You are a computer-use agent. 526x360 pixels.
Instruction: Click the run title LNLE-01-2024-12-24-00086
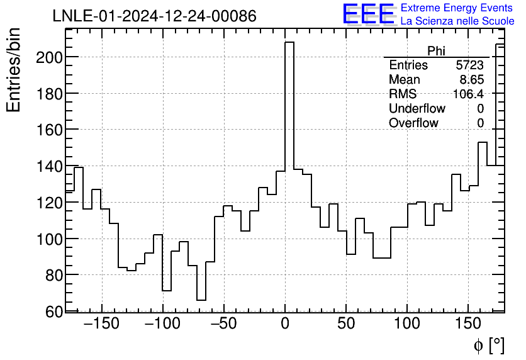click(x=154, y=16)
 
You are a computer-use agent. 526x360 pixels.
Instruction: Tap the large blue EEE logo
click(x=368, y=14)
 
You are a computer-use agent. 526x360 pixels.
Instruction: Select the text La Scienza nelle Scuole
click(x=457, y=21)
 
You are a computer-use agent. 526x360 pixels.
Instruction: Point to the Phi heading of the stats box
click(x=436, y=52)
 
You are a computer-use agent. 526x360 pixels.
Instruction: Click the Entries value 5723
click(x=470, y=65)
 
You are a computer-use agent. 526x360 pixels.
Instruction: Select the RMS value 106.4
click(x=469, y=94)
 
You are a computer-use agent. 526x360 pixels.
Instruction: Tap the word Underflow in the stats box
click(x=417, y=109)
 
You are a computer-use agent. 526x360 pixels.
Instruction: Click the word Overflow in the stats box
click(x=413, y=123)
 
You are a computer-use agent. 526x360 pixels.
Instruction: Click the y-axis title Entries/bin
click(x=14, y=70)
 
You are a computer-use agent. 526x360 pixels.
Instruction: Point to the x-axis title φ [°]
click(x=489, y=345)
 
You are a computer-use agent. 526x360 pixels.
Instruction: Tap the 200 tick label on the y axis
click(x=48, y=57)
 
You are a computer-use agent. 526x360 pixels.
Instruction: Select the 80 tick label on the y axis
click(x=52, y=275)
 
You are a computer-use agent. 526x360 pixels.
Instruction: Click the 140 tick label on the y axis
click(x=48, y=167)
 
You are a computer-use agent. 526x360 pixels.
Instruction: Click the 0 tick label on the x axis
click(x=285, y=325)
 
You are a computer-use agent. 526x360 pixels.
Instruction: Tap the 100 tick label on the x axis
click(x=408, y=325)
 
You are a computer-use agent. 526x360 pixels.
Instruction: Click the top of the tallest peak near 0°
click(x=289, y=42)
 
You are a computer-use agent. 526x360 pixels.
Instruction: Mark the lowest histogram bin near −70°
click(x=201, y=300)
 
